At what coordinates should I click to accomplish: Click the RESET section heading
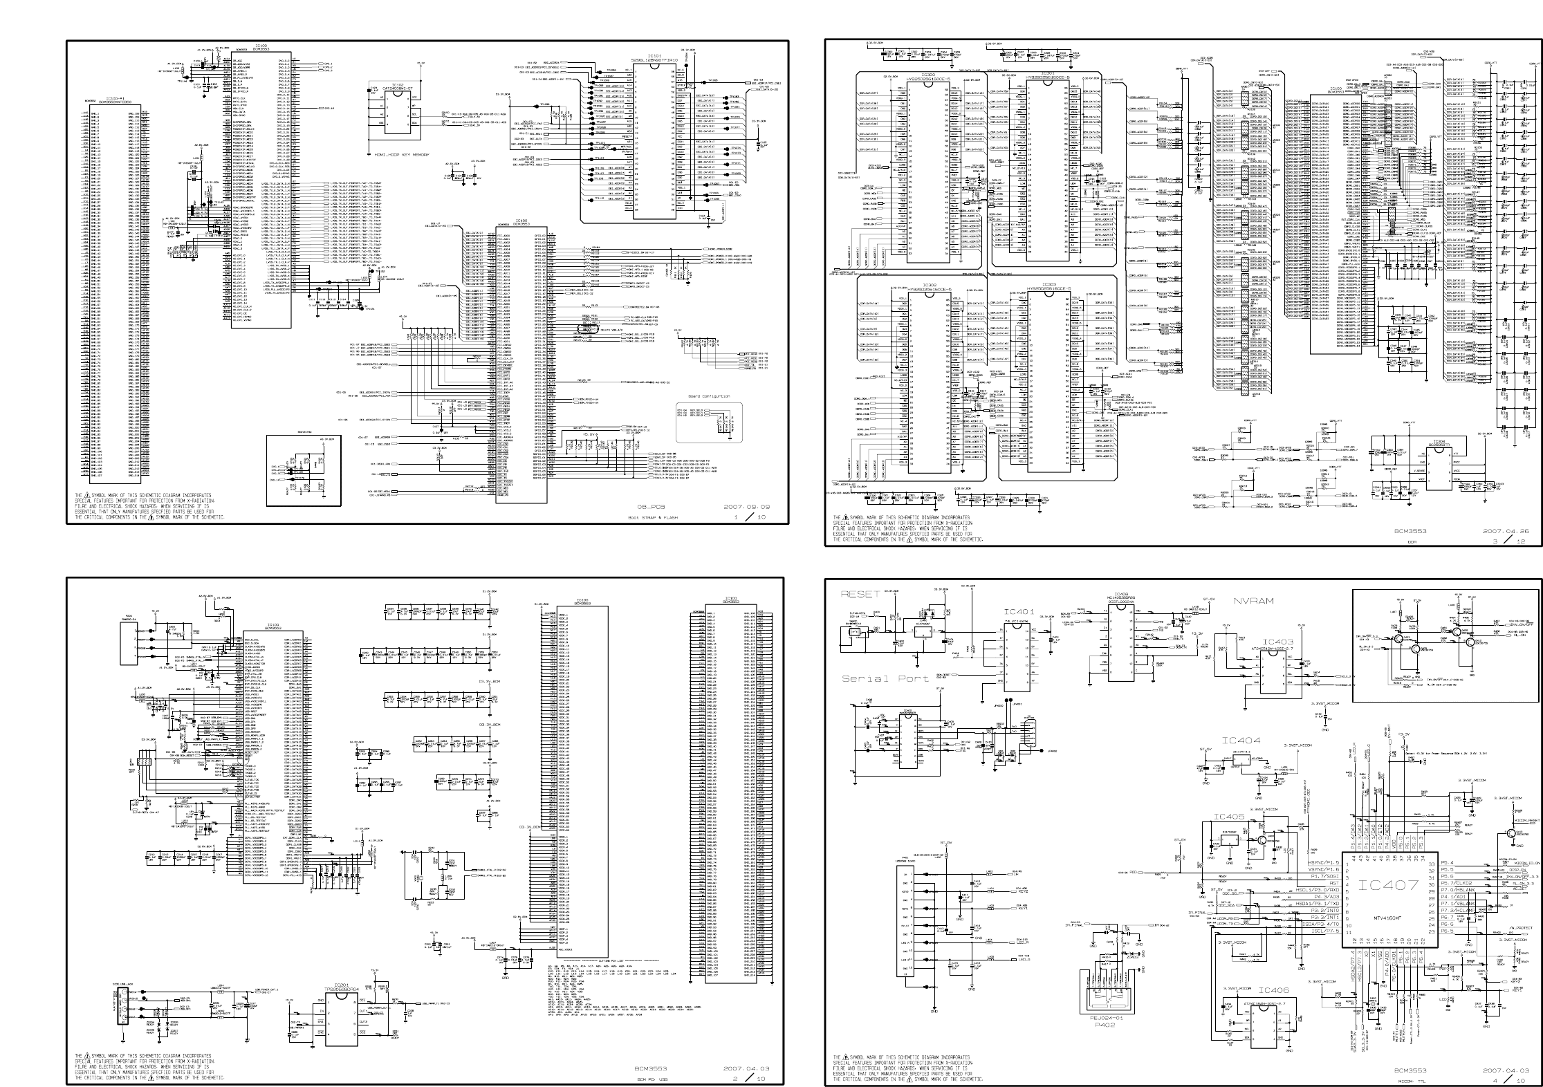860,594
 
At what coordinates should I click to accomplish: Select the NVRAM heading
1253,601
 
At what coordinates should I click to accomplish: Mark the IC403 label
1277,642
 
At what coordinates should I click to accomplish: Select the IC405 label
1228,817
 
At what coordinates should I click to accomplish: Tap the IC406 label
1274,991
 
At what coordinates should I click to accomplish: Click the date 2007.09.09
746,507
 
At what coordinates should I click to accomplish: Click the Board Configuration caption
709,396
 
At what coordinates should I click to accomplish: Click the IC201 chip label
342,985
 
